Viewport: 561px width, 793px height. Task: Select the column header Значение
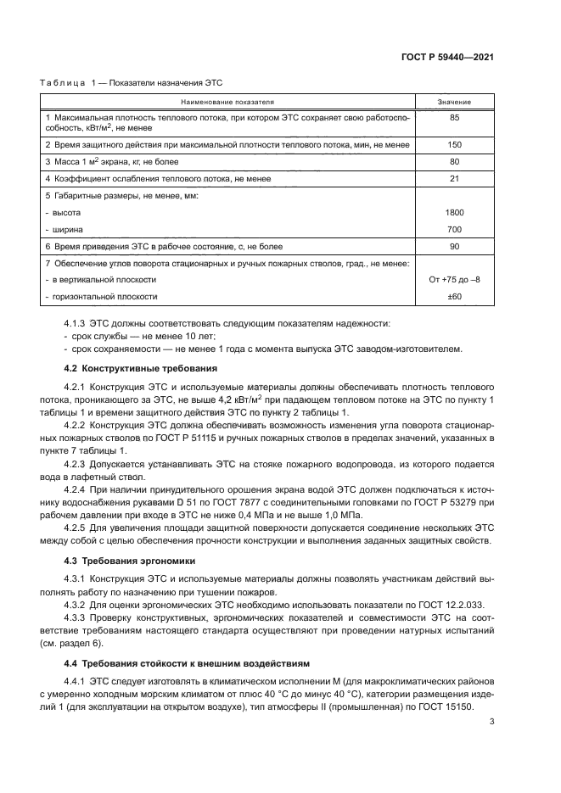(454, 101)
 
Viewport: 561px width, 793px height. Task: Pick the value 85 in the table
(454, 117)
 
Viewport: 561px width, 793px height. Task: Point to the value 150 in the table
(454, 144)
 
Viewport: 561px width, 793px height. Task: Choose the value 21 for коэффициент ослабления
(454, 178)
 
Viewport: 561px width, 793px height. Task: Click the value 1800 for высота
(454, 212)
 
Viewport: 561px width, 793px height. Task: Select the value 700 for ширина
(454, 229)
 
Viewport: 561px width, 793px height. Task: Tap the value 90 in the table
(454, 246)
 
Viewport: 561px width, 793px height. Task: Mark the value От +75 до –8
(454, 279)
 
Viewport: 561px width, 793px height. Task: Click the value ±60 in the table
(454, 297)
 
